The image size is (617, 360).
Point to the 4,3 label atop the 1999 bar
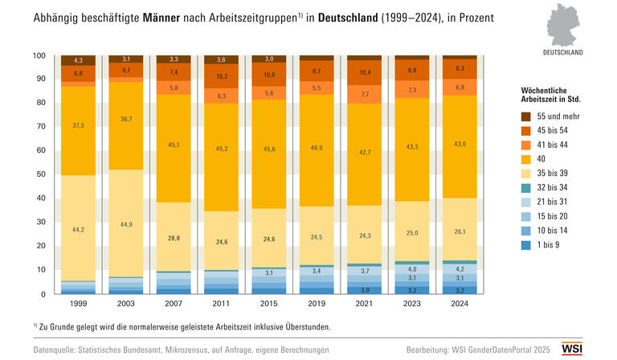(78, 60)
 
